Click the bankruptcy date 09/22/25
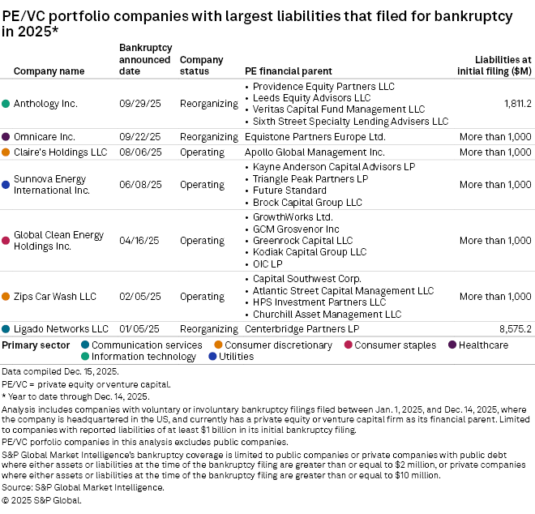(x=140, y=137)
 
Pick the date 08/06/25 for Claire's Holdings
(x=140, y=152)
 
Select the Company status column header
(x=201, y=66)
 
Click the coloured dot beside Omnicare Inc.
(x=6, y=137)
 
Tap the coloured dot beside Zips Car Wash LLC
(x=6, y=297)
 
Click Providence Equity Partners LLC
(x=323, y=86)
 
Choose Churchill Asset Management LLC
(x=327, y=314)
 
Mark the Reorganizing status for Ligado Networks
(x=208, y=329)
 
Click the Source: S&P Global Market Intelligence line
(x=83, y=487)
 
